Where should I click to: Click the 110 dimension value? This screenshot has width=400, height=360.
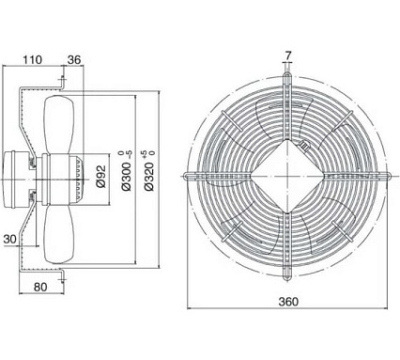(32, 59)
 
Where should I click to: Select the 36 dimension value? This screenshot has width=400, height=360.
(74, 59)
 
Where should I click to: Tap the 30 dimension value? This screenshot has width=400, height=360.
(9, 240)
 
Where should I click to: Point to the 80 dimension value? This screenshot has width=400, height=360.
(40, 287)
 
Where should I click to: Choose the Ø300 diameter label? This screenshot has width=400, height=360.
(126, 177)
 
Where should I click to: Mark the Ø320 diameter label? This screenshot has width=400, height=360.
(149, 177)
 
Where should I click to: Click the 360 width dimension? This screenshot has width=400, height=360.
(288, 302)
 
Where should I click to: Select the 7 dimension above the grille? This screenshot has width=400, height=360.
(288, 55)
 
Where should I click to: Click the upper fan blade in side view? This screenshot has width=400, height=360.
(59, 124)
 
